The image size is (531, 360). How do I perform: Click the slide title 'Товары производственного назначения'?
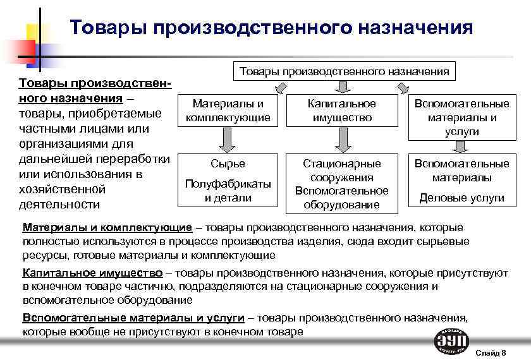(x=271, y=28)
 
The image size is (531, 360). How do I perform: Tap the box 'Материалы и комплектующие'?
(x=228, y=111)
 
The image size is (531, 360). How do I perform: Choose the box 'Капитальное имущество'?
(x=342, y=111)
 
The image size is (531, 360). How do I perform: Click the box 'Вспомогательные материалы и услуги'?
(x=461, y=117)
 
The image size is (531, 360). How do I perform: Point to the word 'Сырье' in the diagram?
(x=228, y=164)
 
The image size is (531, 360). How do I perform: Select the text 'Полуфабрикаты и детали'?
(x=228, y=190)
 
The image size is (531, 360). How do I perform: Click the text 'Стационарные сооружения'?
(x=342, y=171)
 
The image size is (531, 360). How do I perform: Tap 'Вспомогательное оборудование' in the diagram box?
(x=342, y=197)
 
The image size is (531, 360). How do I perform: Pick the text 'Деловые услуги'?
(x=461, y=198)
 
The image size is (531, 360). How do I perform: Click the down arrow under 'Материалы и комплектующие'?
(x=228, y=139)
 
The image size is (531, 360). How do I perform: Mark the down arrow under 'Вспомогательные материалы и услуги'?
(x=461, y=145)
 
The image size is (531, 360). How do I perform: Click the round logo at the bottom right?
(x=451, y=342)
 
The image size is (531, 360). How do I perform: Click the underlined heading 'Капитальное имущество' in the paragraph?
(x=92, y=273)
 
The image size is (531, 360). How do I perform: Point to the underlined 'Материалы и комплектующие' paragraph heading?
(x=107, y=227)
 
